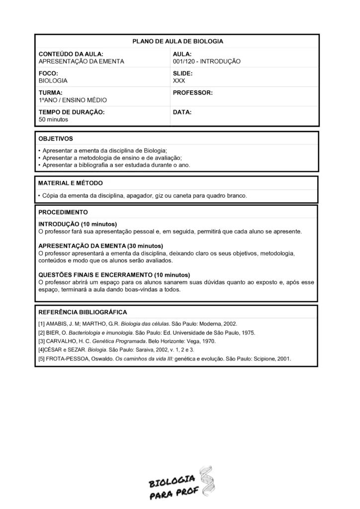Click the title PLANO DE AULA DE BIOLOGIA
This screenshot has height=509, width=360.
pyautogui.click(x=178, y=41)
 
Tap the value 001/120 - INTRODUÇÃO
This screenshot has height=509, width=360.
pyautogui.click(x=206, y=61)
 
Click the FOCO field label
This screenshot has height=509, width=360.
pyautogui.click(x=48, y=73)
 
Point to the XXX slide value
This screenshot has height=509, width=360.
pyautogui.click(x=179, y=80)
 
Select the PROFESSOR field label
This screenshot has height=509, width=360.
pyautogui.click(x=192, y=93)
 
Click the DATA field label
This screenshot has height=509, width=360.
pyautogui.click(x=182, y=112)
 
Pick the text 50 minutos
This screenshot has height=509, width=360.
pyautogui.click(x=53, y=119)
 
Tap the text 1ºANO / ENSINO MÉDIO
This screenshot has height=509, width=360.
pyautogui.click(x=73, y=100)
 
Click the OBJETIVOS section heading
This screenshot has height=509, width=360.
pyautogui.click(x=56, y=139)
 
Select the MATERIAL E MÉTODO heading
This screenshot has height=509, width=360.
pyautogui.click(x=71, y=183)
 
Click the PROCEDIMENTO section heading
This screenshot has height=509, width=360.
pyautogui.click(x=63, y=212)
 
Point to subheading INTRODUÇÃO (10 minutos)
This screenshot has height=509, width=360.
pyautogui.click(x=78, y=224)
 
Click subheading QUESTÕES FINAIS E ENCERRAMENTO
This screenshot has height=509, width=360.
pyautogui.click(x=114, y=275)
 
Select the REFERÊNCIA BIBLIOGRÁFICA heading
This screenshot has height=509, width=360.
pyautogui.click(x=83, y=312)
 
